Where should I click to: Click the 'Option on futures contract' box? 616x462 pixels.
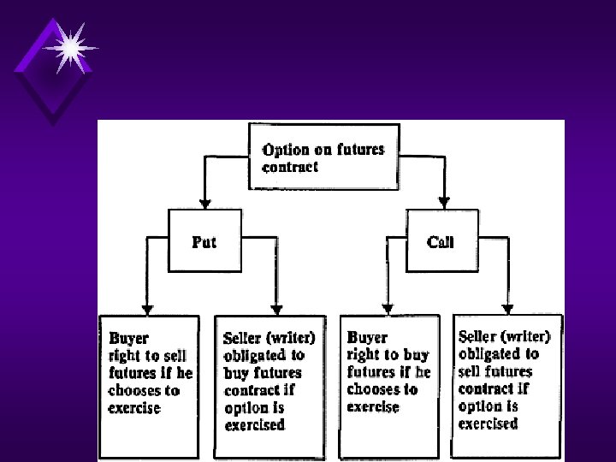click(x=323, y=157)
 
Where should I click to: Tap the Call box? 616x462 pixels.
click(x=441, y=241)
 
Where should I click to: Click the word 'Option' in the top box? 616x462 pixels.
click(x=286, y=150)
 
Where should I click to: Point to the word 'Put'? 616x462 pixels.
click(x=204, y=242)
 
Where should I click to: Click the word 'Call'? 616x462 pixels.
click(x=441, y=242)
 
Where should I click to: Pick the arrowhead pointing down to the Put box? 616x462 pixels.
click(x=204, y=201)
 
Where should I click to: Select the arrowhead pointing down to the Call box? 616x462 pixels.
click(x=443, y=201)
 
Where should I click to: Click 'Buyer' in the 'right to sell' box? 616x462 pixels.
click(x=128, y=337)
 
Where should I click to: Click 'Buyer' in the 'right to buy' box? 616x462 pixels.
click(x=367, y=337)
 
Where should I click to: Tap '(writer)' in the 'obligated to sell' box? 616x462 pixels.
click(x=530, y=336)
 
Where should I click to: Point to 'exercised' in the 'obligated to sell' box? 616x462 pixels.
click(x=488, y=423)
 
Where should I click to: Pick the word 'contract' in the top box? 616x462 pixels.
click(x=290, y=168)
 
